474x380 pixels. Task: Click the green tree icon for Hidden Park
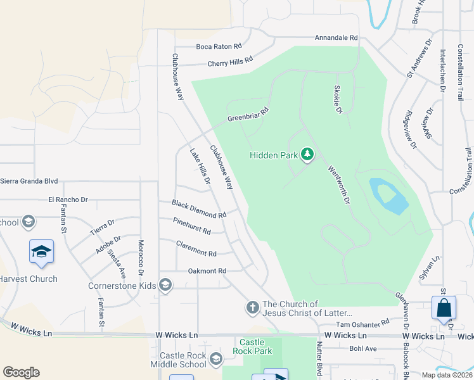[x=307, y=155]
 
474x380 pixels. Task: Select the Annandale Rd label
[x=336, y=38]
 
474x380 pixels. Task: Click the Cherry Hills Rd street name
[x=230, y=61]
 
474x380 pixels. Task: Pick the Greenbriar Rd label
[x=248, y=115]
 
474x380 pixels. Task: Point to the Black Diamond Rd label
[x=199, y=209]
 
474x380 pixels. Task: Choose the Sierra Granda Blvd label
[x=29, y=180]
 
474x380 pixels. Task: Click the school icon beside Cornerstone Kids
[x=165, y=286]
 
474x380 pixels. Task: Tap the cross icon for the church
[x=252, y=308]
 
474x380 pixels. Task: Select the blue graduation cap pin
[x=41, y=251]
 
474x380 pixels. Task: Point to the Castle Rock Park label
[x=252, y=346]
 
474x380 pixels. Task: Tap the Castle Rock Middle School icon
[x=216, y=360]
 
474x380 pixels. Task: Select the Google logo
[x=21, y=372]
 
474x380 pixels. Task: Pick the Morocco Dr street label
[x=141, y=257]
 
